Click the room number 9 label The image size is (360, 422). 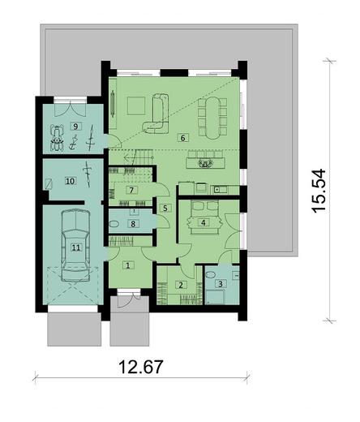pos(74,127)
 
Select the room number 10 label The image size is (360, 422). pos(70,180)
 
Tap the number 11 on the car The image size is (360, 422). pos(76,248)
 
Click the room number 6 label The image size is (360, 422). pos(183,138)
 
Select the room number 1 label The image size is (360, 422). pos(127,265)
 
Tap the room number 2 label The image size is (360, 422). pos(182,285)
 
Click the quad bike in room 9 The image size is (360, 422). pos(58,138)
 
